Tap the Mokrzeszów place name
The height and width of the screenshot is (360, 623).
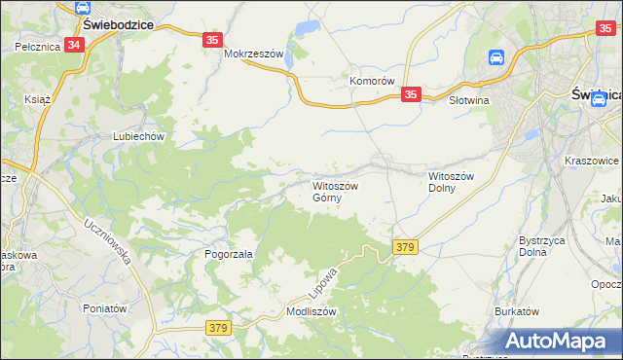point(253,54)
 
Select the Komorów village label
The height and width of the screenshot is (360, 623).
point(372,82)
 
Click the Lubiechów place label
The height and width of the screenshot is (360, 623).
point(137,137)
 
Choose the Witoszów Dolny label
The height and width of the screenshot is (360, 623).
point(451,182)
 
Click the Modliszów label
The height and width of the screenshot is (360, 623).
point(311,312)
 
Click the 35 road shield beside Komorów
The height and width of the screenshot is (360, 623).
point(411,94)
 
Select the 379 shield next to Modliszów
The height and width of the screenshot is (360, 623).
point(218,329)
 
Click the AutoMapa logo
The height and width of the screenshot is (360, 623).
point(560,342)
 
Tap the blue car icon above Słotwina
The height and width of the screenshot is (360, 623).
point(495,58)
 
